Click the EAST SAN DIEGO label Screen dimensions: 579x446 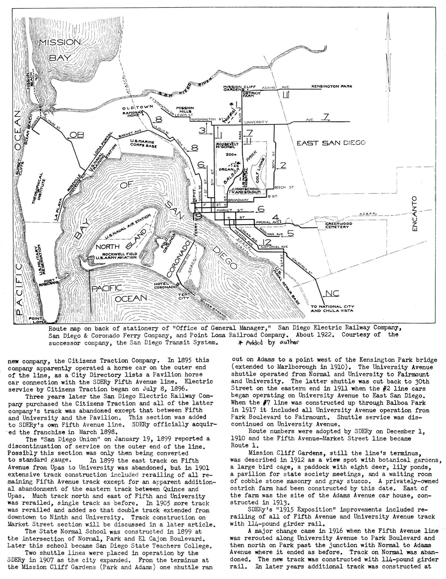coord(331,143)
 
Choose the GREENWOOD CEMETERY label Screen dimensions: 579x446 coord(338,225)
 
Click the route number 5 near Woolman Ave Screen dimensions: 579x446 coord(290,234)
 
